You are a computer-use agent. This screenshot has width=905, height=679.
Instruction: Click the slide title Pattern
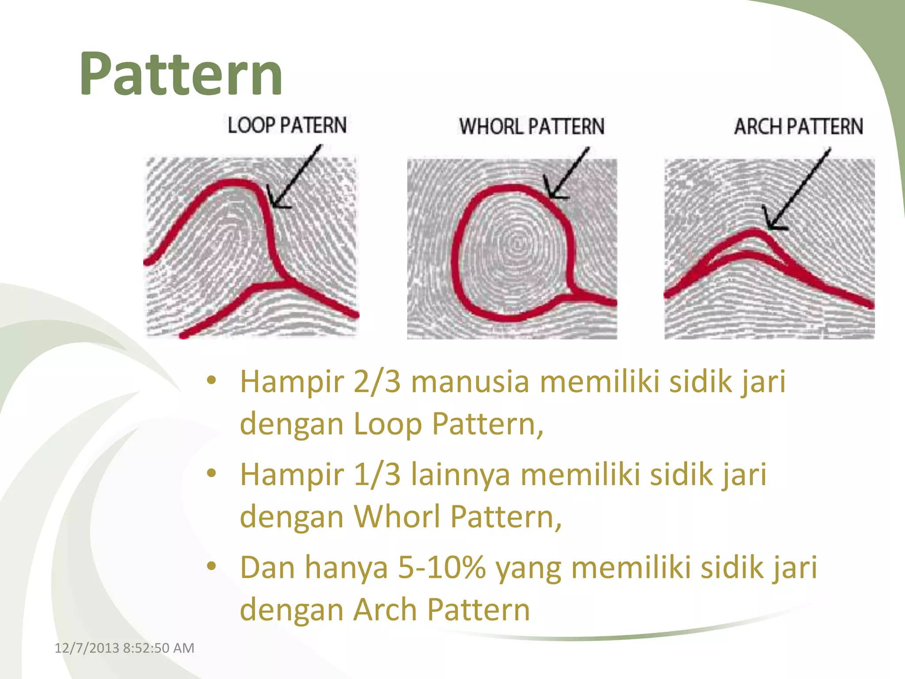[181, 74]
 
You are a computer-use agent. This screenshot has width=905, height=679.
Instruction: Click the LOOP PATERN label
[287, 125]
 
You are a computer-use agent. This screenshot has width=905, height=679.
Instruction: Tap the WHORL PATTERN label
[532, 126]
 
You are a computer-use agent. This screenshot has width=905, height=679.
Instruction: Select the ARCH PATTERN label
[799, 126]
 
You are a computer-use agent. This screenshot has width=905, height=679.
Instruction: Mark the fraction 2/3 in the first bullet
[376, 382]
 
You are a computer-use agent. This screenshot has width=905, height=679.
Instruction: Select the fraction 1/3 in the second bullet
[376, 475]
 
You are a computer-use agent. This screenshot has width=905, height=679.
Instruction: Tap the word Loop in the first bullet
[388, 424]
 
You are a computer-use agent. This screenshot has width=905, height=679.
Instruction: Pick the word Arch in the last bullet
[384, 610]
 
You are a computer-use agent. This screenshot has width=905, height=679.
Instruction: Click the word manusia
[470, 382]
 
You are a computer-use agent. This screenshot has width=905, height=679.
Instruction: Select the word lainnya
[460, 475]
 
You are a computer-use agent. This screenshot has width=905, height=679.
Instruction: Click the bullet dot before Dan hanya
[212, 565]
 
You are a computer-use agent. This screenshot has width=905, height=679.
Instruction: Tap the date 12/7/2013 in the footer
[87, 648]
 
